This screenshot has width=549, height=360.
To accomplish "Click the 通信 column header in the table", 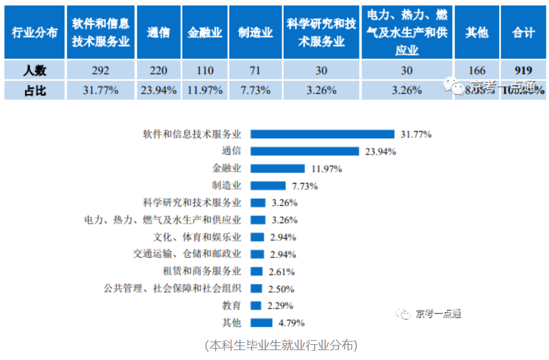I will pos(159,32).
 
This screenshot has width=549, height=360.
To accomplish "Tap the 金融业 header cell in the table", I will pos(205,32).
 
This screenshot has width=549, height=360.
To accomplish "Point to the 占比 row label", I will pos(34,90).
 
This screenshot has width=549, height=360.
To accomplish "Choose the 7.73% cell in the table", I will pos(255,90).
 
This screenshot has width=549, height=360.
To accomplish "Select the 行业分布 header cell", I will pos(34,32).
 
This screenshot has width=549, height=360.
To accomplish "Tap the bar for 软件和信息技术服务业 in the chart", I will pos(323,134).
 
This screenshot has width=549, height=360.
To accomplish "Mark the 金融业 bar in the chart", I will pos(278,168).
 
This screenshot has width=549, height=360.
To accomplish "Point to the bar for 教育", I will pos(257,305).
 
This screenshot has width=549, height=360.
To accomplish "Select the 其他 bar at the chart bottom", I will pos(262,322).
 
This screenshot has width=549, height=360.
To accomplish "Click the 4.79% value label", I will pos(291,323).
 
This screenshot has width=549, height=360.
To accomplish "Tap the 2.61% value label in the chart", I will pos(282,272).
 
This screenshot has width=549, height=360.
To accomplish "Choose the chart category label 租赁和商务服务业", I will pos(202,271).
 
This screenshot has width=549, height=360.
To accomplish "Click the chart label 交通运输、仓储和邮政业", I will pos(188,254).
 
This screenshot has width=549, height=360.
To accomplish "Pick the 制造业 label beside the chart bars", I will pos(226,186).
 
